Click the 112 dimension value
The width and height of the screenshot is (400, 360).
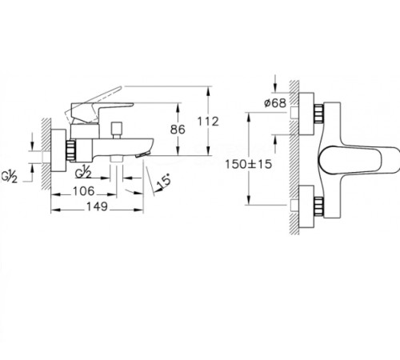tap(208, 122)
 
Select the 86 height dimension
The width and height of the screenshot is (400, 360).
tap(178, 130)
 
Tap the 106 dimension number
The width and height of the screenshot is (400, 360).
tap(84, 191)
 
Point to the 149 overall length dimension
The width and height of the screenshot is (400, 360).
tap(97, 206)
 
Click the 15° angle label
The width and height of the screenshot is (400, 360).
tap(163, 181)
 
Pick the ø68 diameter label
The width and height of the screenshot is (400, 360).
tap(275, 103)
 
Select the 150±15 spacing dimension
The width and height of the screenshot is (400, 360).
tap(249, 164)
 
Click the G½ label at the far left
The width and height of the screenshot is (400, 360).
tap(10, 177)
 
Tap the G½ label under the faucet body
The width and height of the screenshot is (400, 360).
tap(83, 172)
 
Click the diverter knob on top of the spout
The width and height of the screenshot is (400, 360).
tap(117, 130)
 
